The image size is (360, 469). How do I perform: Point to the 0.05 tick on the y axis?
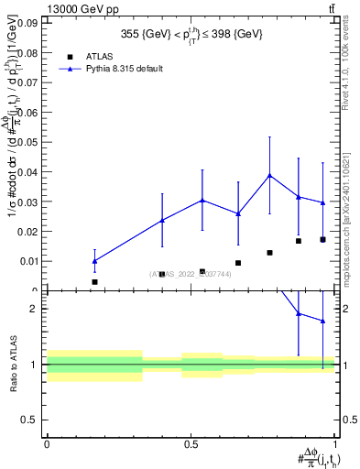(x=31, y=141)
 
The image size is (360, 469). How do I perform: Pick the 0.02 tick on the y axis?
(x=31, y=231)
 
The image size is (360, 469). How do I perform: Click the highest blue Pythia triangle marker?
(x=269, y=175)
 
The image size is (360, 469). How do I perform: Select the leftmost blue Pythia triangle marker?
(x=94, y=261)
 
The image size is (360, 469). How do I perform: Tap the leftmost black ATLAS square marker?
(x=94, y=282)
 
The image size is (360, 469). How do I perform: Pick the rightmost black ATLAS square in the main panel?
(x=322, y=240)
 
